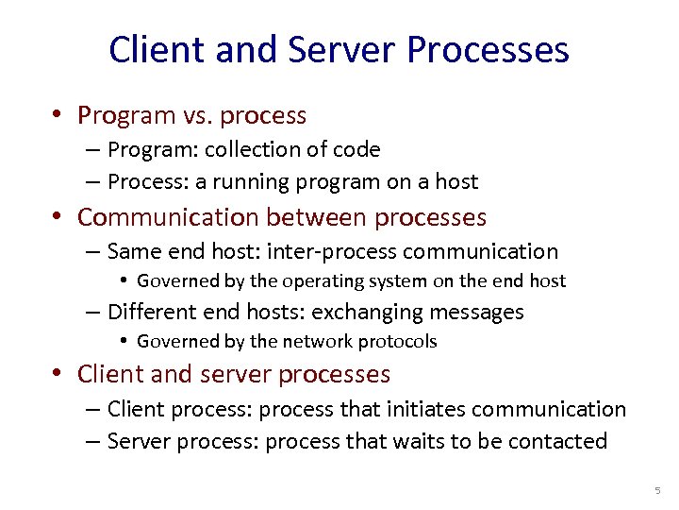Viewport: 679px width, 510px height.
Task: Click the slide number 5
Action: click(x=658, y=491)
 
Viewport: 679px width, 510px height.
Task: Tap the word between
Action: click(x=317, y=217)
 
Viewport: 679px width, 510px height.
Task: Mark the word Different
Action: click(x=152, y=312)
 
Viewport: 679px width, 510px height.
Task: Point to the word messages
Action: click(x=476, y=312)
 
